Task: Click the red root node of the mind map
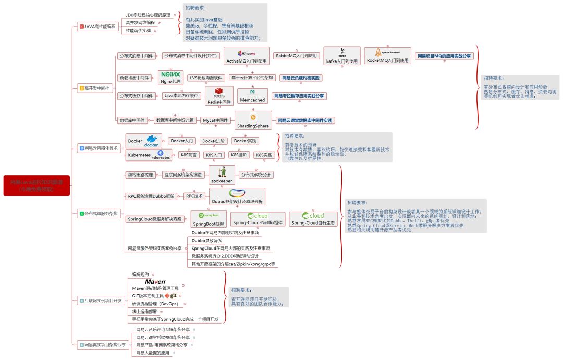36,185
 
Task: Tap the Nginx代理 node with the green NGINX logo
170,78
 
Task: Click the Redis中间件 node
219,96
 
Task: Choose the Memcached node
252,96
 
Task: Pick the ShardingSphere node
253,120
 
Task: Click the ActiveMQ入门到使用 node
247,56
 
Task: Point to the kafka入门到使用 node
342,56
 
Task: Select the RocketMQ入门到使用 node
388,55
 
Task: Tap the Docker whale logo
152,141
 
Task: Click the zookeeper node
222,175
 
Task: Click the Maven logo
155,281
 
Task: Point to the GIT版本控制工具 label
148,296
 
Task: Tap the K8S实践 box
264,155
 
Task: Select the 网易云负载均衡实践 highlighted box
301,78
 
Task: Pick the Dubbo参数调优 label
206,241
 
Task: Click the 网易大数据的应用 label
153,353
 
